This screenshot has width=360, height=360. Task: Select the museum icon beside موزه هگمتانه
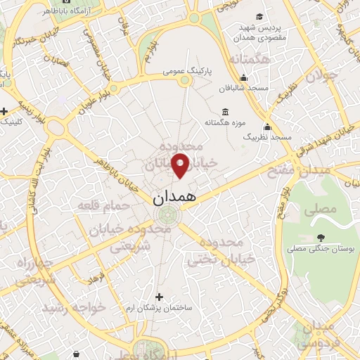pos(224,112)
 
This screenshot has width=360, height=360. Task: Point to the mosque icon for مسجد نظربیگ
pos(267,127)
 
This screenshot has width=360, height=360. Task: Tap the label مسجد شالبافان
pos(252,87)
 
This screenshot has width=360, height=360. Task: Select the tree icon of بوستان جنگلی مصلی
pos(321,237)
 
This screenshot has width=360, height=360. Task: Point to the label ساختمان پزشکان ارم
pos(162,309)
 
